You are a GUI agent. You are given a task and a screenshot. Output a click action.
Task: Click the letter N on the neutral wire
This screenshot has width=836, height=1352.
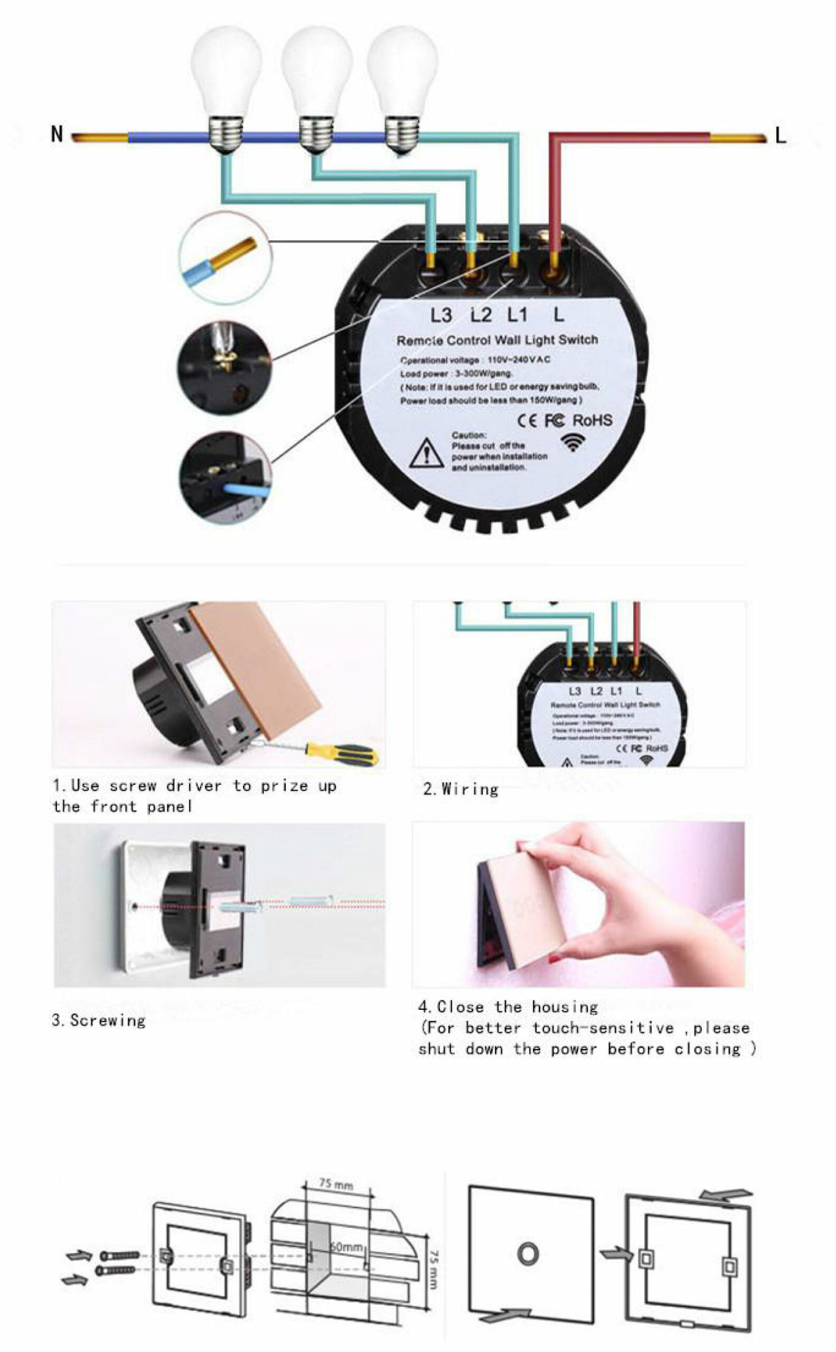click(x=57, y=134)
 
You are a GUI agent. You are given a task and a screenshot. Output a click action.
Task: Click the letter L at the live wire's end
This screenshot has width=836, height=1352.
click(x=780, y=136)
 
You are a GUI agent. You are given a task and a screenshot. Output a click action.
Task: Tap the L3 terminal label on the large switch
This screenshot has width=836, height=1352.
click(x=440, y=315)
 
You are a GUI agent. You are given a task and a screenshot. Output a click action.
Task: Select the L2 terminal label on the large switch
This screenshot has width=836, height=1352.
click(x=481, y=315)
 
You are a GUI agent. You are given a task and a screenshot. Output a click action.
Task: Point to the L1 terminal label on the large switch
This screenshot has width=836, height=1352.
click(x=518, y=315)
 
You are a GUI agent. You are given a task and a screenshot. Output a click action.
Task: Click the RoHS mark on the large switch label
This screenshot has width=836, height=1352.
click(x=592, y=420)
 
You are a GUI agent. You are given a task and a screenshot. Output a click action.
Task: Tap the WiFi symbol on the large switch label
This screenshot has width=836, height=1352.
click(x=573, y=442)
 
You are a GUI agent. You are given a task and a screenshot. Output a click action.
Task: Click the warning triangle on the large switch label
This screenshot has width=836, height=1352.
click(x=426, y=454)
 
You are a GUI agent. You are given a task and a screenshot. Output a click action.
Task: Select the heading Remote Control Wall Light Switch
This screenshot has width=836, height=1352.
click(x=497, y=340)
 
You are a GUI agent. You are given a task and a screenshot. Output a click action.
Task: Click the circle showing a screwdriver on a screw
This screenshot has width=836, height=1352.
click(x=224, y=367)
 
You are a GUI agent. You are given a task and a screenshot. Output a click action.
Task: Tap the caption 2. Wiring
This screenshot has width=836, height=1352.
click(x=461, y=789)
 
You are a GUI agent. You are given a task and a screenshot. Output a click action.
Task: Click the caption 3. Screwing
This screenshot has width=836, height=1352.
click(x=99, y=1020)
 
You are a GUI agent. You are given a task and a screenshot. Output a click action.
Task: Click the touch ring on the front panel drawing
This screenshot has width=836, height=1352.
click(x=528, y=1254)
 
